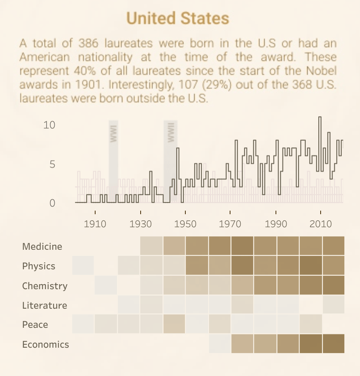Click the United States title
click(x=178, y=18)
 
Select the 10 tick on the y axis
click(x=49, y=125)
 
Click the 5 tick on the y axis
click(x=52, y=164)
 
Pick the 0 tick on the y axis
click(x=52, y=203)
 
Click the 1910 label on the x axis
click(x=95, y=224)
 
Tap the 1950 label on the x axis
click(x=185, y=224)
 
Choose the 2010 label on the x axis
click(x=320, y=224)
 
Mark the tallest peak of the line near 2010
click(x=320, y=117)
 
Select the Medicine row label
click(x=42, y=246)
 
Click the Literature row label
click(x=44, y=305)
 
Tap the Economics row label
click(x=45, y=344)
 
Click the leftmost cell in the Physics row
click(x=83, y=265)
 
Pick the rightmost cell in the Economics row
click(x=334, y=343)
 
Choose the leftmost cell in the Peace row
click(x=83, y=324)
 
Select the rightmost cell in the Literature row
click(x=334, y=304)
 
